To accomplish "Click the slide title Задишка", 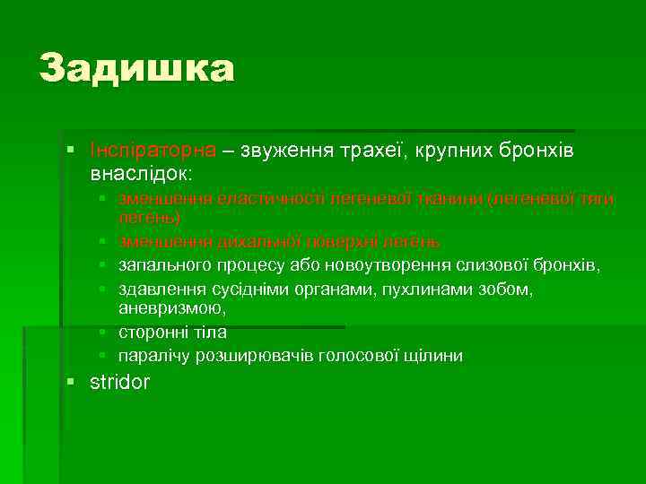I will point(136,69).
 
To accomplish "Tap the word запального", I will point(160,265).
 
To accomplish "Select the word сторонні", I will point(150,333).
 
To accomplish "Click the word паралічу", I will point(152,356).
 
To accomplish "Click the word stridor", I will point(120,383).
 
